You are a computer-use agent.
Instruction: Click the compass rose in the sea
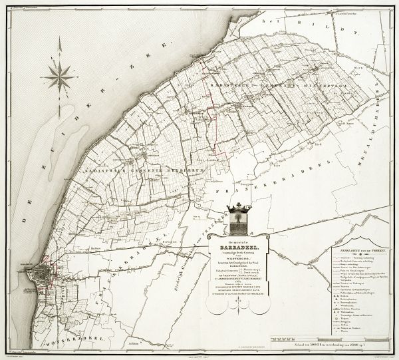[x=60, y=77]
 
